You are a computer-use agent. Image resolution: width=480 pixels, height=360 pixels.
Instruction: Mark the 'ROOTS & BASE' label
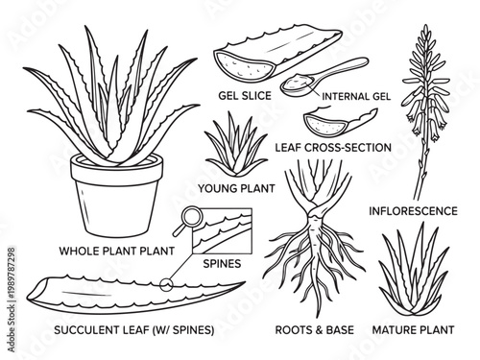(314, 329)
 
